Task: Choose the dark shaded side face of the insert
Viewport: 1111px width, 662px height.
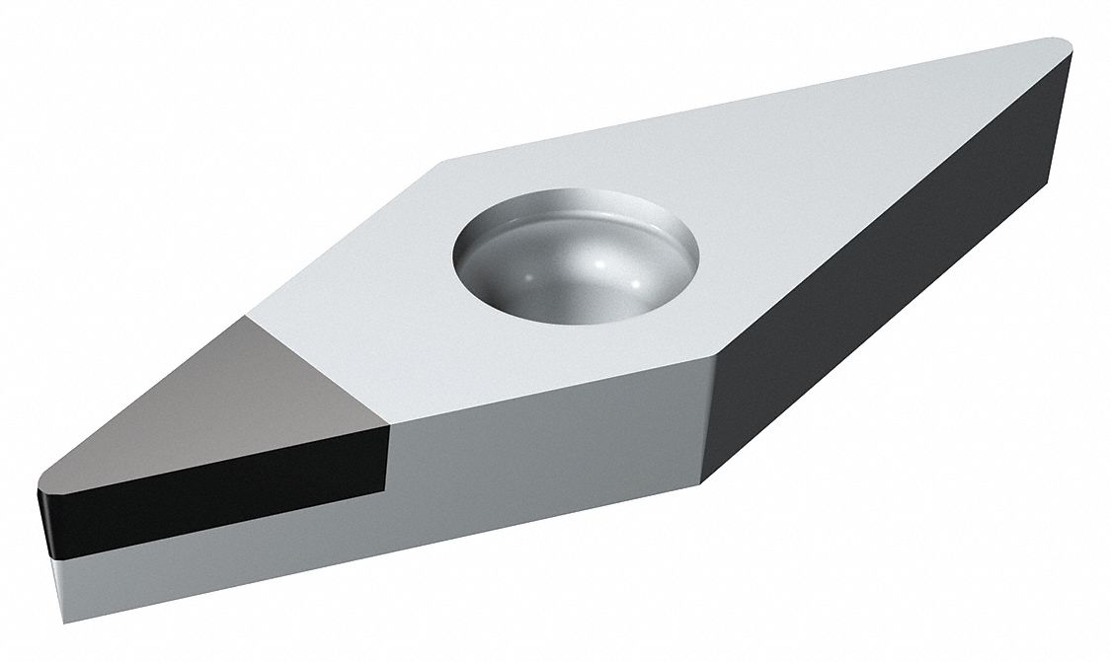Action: [x=889, y=276]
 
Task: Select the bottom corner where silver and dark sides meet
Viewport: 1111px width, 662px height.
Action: [x=703, y=482]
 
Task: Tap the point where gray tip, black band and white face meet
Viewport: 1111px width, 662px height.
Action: [x=389, y=427]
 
